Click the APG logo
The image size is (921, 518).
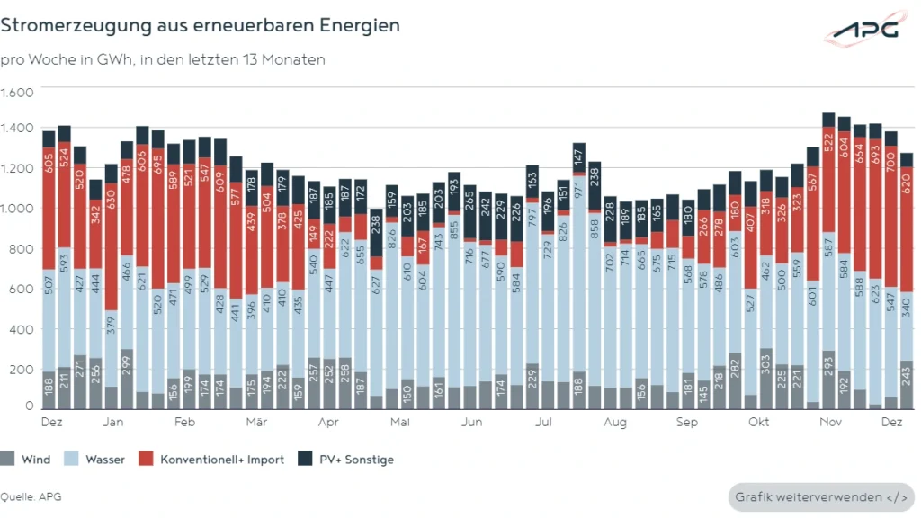[x=863, y=30]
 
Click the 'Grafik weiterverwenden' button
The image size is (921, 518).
[x=821, y=496]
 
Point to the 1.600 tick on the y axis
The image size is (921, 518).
[x=17, y=93]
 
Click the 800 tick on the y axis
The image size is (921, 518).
[x=22, y=248]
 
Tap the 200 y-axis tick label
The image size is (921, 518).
[x=22, y=370]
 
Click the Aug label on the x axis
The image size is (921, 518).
[x=615, y=422]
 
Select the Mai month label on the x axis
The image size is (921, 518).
[x=400, y=422]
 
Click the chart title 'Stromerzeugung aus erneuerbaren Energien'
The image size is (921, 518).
[x=200, y=26]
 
